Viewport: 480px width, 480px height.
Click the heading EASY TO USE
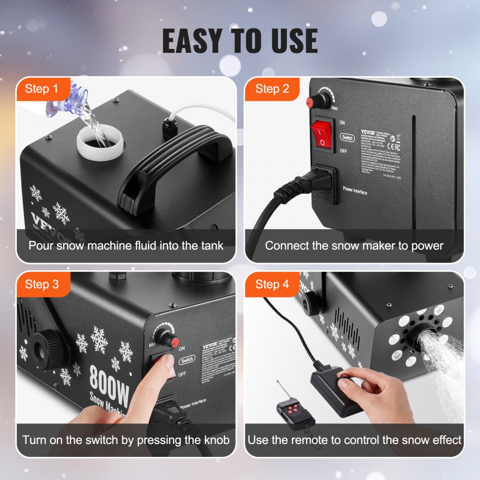(240, 41)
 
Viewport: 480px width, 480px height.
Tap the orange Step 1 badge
(42, 89)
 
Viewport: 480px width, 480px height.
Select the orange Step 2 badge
(272, 89)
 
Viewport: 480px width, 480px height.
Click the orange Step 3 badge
(42, 284)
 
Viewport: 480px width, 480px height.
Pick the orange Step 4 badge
(272, 284)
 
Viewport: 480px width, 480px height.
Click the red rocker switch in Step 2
(323, 134)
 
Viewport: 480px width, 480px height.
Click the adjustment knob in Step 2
(319, 101)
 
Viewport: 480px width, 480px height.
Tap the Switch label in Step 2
(347, 138)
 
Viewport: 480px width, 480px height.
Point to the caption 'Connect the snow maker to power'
(354, 246)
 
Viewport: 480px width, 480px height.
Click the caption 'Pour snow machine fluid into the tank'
(126, 246)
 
